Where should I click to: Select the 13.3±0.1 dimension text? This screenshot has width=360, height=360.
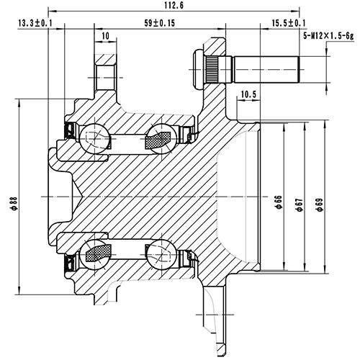click(37, 24)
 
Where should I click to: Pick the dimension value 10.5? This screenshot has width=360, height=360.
click(249, 94)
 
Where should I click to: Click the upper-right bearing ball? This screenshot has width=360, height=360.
click(161, 138)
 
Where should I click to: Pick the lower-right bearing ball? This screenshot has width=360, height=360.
click(161, 253)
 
